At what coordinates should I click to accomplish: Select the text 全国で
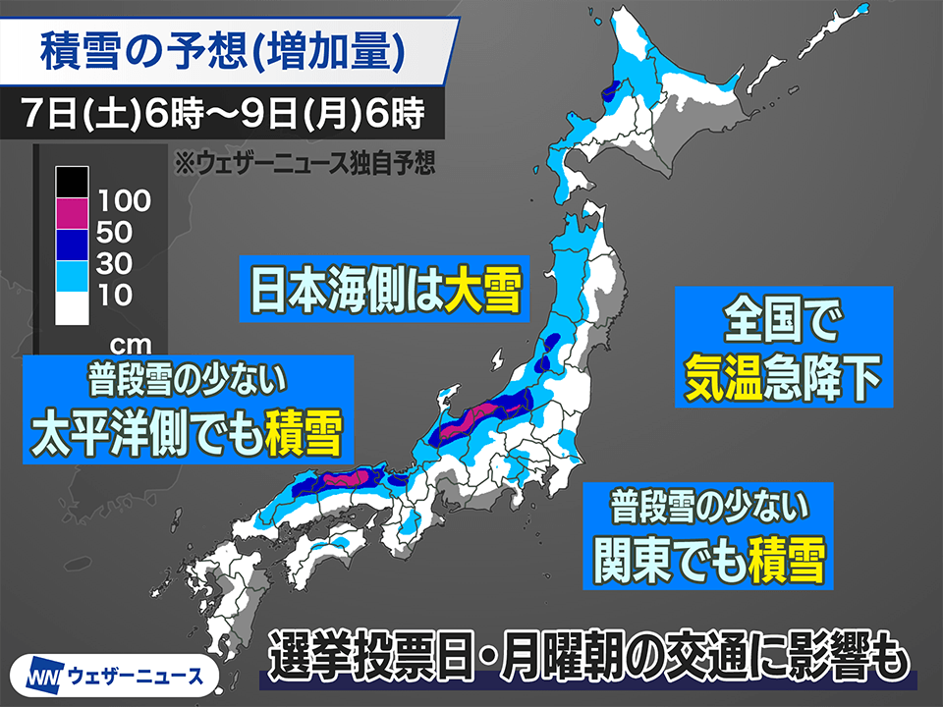(783, 320)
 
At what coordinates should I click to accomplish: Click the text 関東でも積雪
(707, 559)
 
